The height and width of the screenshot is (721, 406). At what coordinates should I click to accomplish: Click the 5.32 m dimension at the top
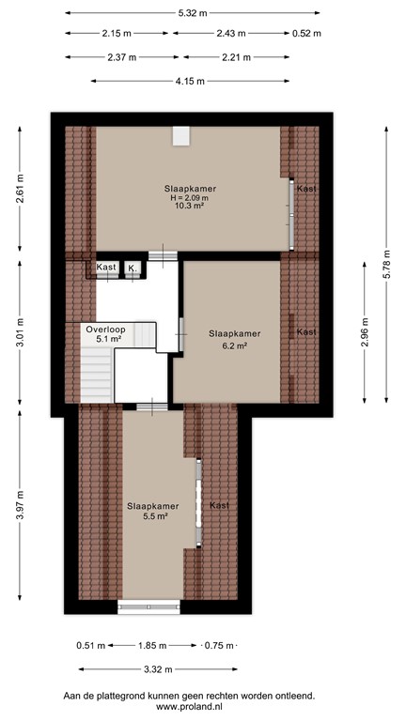coord(193,13)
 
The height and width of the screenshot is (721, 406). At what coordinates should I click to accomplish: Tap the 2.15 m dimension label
coord(117,34)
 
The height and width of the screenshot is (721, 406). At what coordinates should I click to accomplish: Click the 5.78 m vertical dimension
coord(387,265)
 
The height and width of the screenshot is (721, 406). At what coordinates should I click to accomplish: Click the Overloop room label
coord(104,330)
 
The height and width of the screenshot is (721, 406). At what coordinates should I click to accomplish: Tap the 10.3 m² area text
coord(189,207)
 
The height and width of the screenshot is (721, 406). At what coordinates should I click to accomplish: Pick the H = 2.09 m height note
coord(189,197)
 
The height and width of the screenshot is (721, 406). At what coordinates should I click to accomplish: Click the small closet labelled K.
coord(133,268)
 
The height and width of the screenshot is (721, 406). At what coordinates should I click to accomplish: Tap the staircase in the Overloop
coord(95,369)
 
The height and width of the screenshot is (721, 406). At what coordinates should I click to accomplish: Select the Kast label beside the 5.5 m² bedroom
coord(220,506)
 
